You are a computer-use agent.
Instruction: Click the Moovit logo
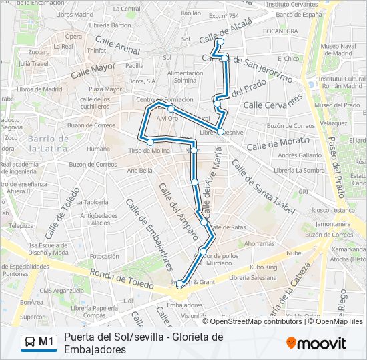[x=316, y=343]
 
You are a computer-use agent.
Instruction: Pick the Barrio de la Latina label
[x=49, y=143]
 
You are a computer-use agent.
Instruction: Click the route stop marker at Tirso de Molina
[x=150, y=142]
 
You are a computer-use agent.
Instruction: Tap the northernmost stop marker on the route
[x=220, y=43]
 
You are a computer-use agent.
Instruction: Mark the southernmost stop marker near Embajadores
[x=179, y=284]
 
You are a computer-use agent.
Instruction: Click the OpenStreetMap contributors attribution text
[x=246, y=321]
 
